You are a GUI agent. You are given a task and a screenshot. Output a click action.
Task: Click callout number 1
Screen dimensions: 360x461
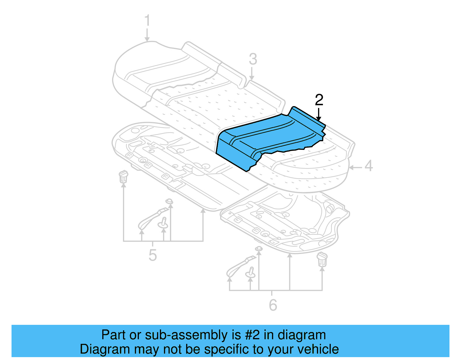[x=147, y=21]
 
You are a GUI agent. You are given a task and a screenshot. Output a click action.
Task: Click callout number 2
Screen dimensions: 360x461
[x=319, y=100]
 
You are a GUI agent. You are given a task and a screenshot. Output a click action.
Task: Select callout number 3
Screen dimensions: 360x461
[x=253, y=59]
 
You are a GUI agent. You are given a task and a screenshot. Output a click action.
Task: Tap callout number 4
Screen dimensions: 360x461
[x=369, y=166]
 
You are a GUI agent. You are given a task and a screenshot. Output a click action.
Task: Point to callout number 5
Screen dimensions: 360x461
[x=152, y=255]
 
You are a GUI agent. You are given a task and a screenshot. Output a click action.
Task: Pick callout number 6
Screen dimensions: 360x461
[x=273, y=305]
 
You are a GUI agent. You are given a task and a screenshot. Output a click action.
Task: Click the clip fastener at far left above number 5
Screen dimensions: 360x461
[x=123, y=176]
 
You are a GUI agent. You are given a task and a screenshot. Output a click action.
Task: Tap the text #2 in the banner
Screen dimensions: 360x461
[x=252, y=335]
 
